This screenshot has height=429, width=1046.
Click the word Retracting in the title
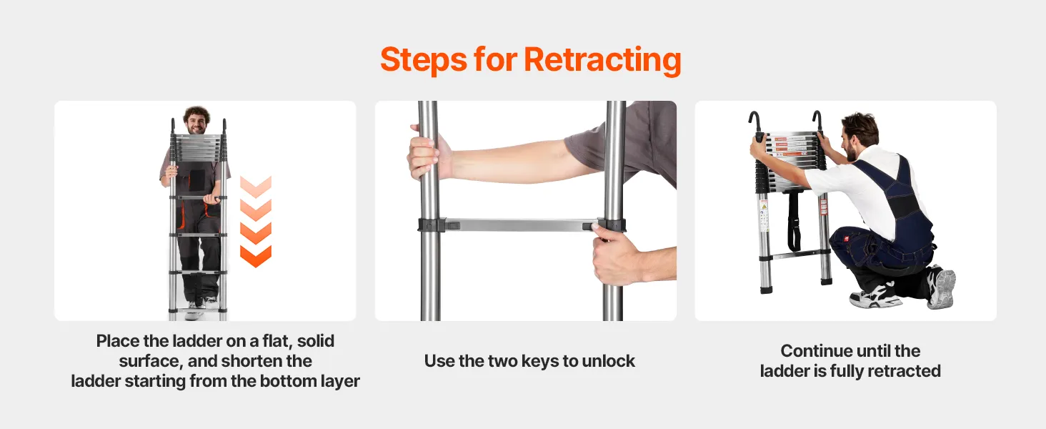tap(602, 60)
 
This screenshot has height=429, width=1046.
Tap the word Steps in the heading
tap(424, 60)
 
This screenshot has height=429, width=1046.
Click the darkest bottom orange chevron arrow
tap(256, 256)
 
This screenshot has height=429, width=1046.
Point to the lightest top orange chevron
tap(256, 187)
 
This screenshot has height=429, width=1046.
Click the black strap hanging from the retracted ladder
tap(793, 221)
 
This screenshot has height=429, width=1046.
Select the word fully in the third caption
tap(847, 372)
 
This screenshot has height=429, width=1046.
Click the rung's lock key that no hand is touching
tap(452, 226)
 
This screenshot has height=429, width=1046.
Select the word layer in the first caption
tap(340, 382)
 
